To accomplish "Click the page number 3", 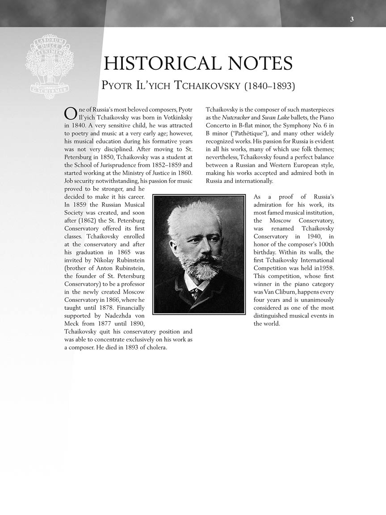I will click(352, 19).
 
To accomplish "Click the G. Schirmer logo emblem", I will click(50, 65).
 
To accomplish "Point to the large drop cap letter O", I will click(70, 114).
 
